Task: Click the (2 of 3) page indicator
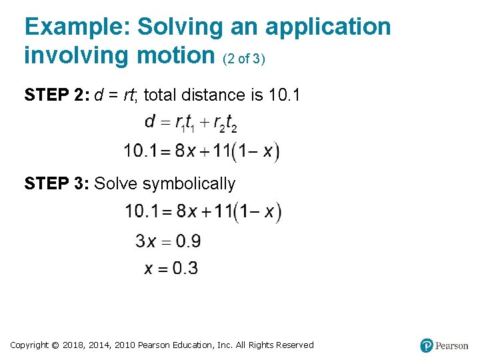pos(244,59)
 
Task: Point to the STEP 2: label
pos(56,95)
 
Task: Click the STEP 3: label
pos(56,184)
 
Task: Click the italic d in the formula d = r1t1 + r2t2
pos(150,122)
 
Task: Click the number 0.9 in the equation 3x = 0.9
pos(186,241)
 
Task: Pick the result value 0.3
pos(185,268)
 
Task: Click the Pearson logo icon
pos(426,345)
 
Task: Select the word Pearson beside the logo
pos(451,345)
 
